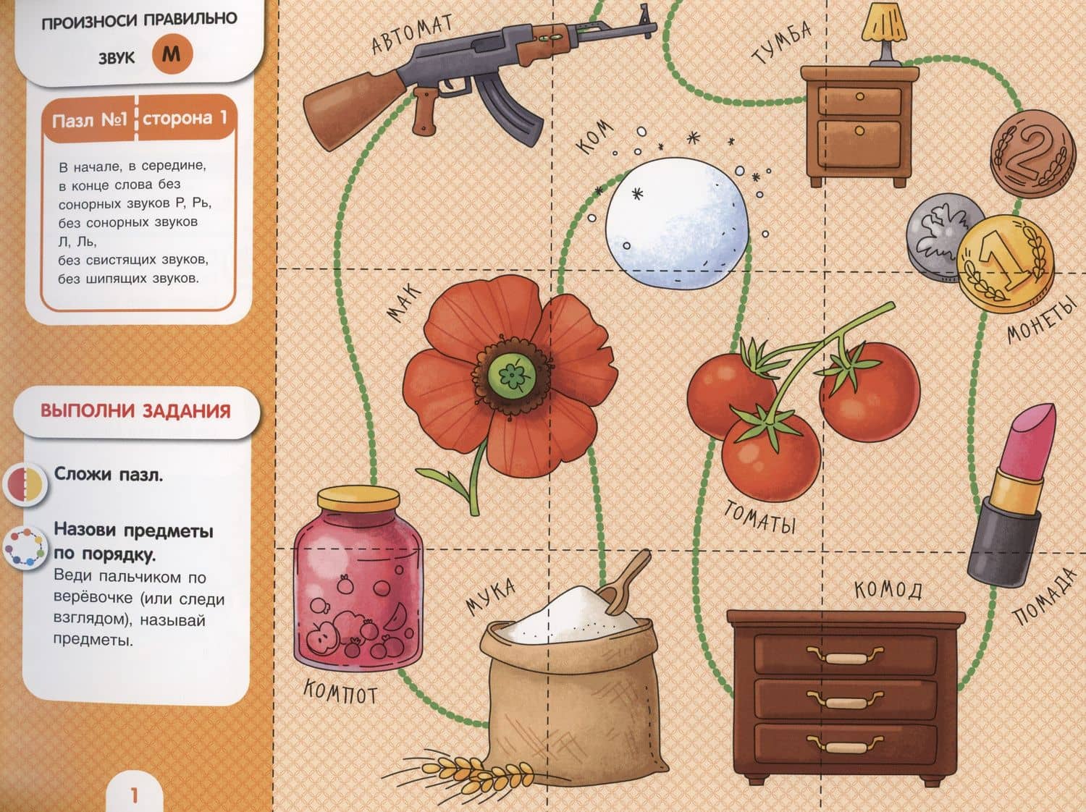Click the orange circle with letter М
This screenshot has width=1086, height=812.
(172, 54)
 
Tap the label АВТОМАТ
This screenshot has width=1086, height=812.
(412, 33)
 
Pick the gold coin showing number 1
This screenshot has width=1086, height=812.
(1006, 263)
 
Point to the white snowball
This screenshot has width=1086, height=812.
(677, 223)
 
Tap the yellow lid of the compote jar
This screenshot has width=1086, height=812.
(358, 499)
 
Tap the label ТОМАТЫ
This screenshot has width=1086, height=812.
(759, 517)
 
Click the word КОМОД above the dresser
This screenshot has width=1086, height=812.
(888, 590)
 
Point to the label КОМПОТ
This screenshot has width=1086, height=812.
(340, 691)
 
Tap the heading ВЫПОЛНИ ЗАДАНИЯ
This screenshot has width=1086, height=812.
(135, 411)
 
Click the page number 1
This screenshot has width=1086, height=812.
(134, 795)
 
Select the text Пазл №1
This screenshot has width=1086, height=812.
(90, 119)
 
